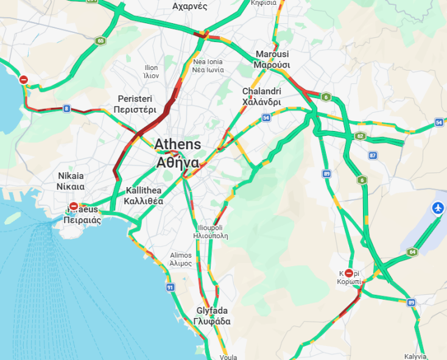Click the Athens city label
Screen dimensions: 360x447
[x=177, y=154]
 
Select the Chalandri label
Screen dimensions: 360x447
[x=261, y=97]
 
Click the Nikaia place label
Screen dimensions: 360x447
[x=71, y=181]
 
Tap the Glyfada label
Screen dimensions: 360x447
[x=211, y=316]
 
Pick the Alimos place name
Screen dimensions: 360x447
[x=181, y=259]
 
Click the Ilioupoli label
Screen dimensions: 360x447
[x=210, y=231]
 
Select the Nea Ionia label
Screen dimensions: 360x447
[x=208, y=66]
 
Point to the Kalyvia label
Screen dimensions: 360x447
[x=415, y=356]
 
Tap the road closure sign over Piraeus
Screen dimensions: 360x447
[x=74, y=206]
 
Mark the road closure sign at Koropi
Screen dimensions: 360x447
[x=349, y=274]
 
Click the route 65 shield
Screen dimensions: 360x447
[x=100, y=41]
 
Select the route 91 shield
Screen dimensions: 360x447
[x=170, y=286]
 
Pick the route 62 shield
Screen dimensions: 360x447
[x=361, y=136]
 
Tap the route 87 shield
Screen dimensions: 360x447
[x=373, y=155]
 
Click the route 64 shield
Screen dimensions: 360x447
[x=412, y=252]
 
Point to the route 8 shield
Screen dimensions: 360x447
[x=66, y=109]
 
